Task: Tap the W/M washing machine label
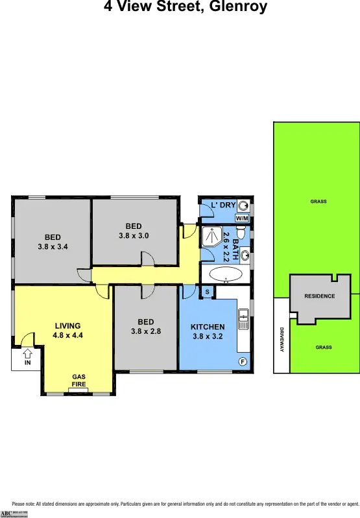coord(241,218)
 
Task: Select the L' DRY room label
coord(223,206)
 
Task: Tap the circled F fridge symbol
coord(243,360)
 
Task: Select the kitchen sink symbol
coord(243,316)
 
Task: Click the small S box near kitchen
coord(207,292)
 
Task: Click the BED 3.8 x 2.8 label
coord(146,326)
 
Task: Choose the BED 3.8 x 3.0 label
coord(134,231)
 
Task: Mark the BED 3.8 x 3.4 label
coord(53,242)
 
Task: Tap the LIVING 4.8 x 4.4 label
coord(67,331)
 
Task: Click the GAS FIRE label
coord(78,381)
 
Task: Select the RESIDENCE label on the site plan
coord(319,296)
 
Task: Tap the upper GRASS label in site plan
coord(318,202)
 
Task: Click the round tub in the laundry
coord(243,206)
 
